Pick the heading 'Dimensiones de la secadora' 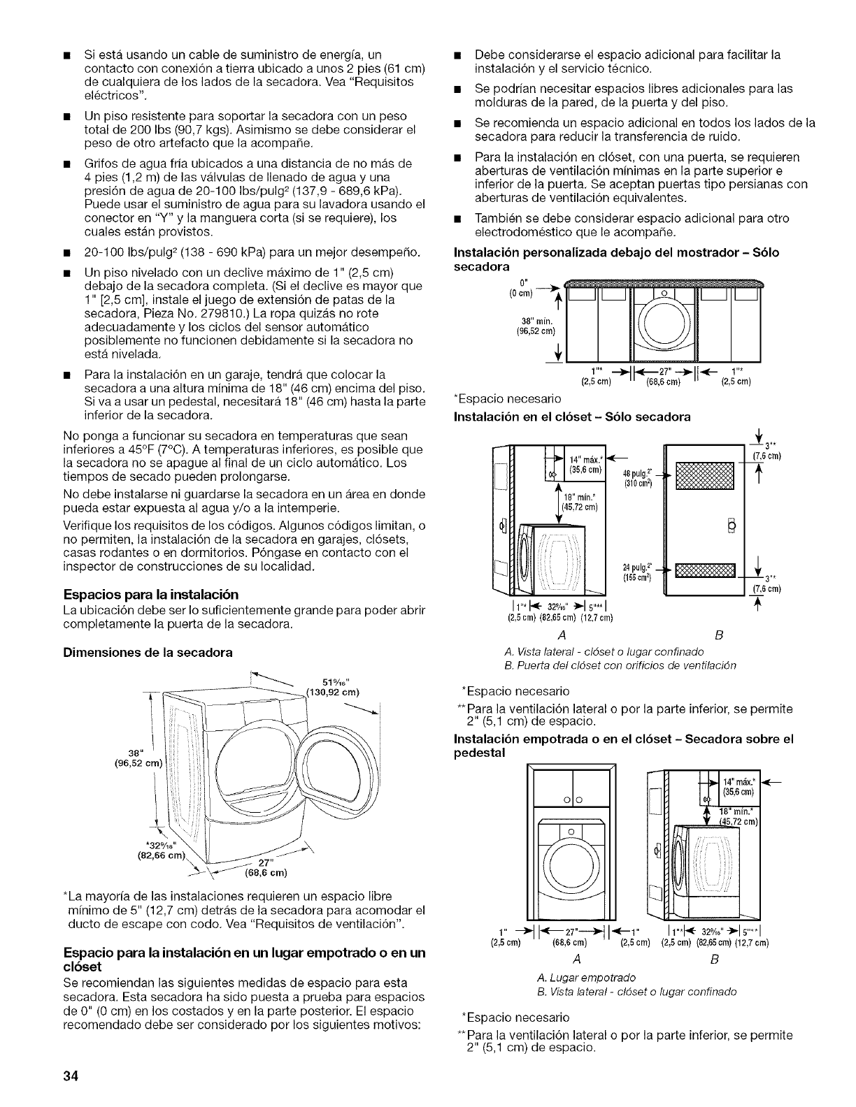(148, 651)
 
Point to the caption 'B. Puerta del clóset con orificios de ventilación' (613, 664)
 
